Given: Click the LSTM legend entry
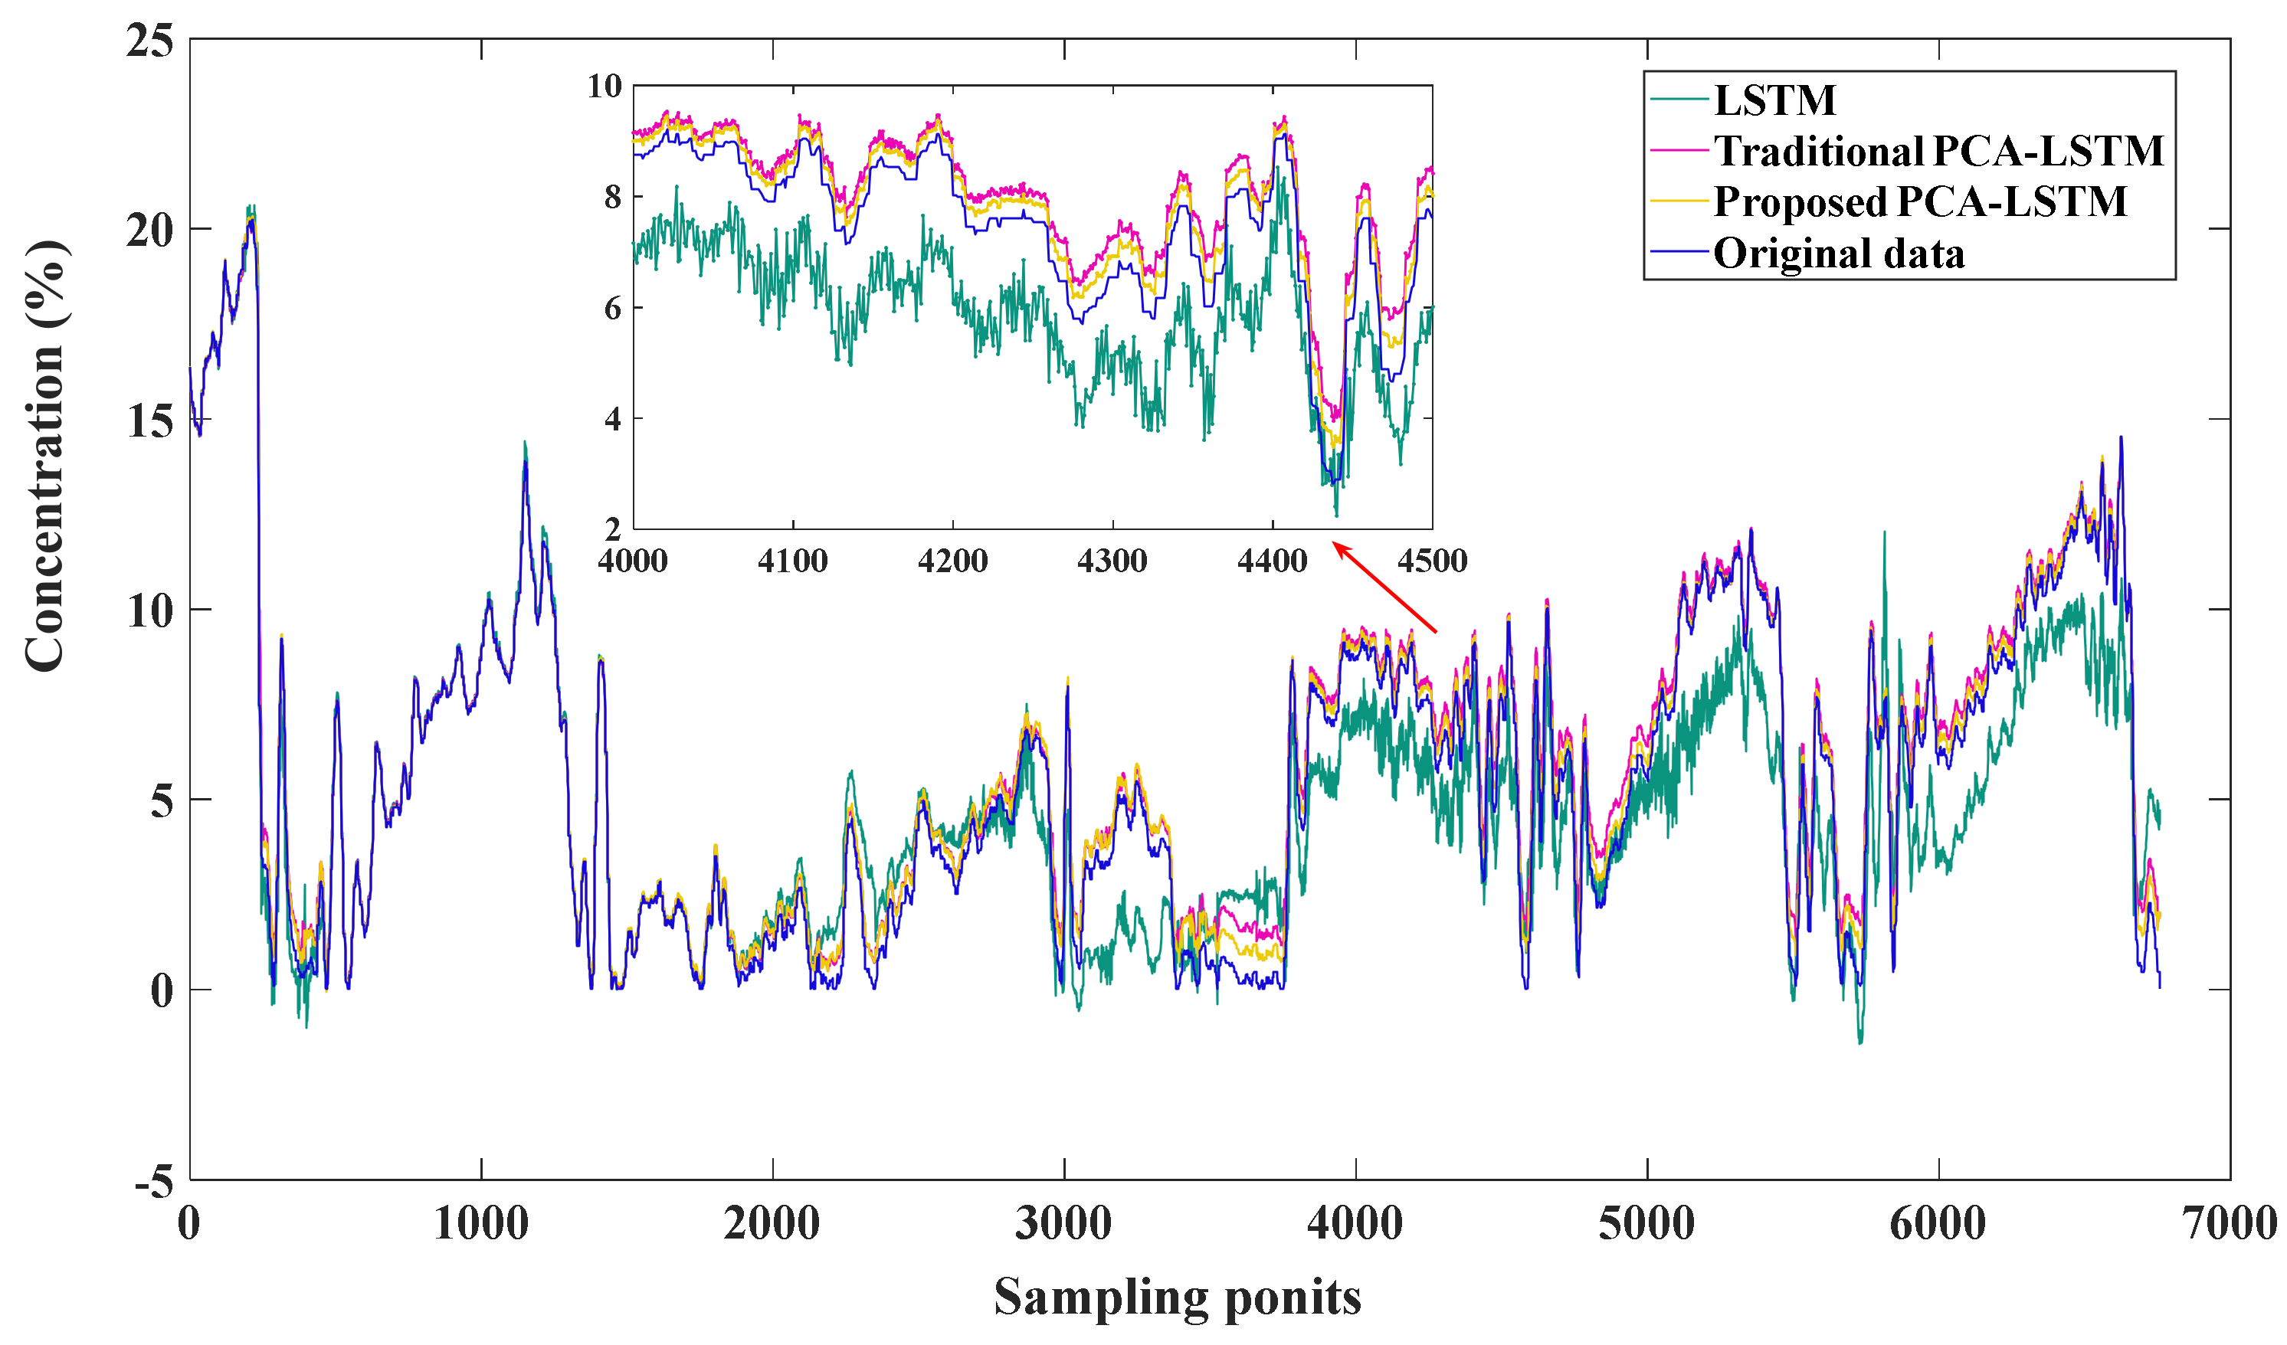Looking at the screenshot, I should point(1774,100).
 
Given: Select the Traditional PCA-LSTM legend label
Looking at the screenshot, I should point(1938,151).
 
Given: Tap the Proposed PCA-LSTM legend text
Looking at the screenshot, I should point(1919,201).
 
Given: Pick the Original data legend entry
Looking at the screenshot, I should point(1839,254).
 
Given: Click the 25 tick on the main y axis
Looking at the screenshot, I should point(149,40).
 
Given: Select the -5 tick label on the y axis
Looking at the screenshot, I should point(153,1183).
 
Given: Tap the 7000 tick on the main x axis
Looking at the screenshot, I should point(2229,1223).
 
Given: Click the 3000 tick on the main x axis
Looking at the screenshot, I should point(1063,1223).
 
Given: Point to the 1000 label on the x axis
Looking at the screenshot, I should point(481,1223).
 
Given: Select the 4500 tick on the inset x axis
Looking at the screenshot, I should point(1432,561).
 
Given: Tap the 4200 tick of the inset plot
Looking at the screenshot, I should point(952,561).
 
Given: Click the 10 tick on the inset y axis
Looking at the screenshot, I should point(605,87).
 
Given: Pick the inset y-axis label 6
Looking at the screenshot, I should point(613,309).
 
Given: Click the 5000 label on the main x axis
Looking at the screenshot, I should point(1646,1223).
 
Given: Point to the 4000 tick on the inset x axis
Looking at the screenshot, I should point(633,561).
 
